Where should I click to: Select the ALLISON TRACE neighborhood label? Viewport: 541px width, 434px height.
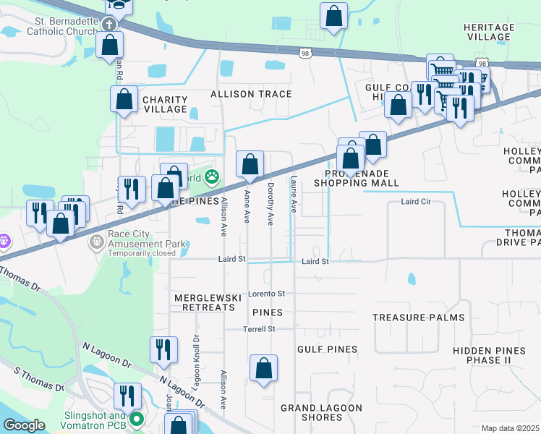[x=251, y=94]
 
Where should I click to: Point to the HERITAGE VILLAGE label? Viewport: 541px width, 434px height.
[x=489, y=32]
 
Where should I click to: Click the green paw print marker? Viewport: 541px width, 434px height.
[x=212, y=176]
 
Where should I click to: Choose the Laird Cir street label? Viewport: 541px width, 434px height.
[x=415, y=202]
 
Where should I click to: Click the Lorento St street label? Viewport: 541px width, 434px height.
[x=267, y=294]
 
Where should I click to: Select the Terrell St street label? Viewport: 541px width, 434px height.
[x=260, y=328]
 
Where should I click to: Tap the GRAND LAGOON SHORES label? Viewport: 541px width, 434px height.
[x=322, y=412]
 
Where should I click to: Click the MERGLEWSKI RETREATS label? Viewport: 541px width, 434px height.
[x=205, y=302]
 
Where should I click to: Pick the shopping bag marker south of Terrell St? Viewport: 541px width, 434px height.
[x=264, y=367]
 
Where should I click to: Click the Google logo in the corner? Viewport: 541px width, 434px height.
[x=23, y=425]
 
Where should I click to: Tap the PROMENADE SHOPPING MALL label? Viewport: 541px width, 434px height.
[x=357, y=179]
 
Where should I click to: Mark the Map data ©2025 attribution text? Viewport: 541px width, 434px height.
[x=511, y=428]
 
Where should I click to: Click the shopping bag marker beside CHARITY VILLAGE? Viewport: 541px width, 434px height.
[x=124, y=100]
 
